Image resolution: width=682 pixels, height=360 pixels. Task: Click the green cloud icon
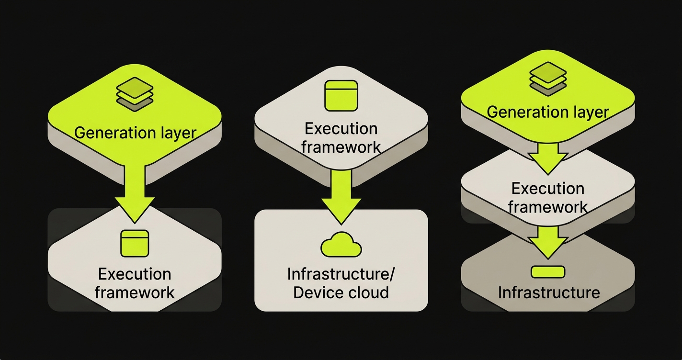pos(341,245)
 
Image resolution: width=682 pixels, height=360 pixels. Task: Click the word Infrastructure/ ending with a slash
pos(341,274)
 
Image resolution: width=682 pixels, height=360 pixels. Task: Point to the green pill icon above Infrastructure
pos(548,272)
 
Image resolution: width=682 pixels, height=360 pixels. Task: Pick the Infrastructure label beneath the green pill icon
pos(548,292)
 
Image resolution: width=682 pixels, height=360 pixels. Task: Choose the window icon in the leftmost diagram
pos(135,243)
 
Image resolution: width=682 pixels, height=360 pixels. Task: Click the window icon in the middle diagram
pos(341,95)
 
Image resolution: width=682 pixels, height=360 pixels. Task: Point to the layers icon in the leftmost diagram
pos(135,94)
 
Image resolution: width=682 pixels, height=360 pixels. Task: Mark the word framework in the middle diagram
pos(341,147)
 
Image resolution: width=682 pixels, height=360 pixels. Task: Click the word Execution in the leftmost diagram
pos(135,274)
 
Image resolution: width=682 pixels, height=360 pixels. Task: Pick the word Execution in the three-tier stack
pos(548,189)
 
